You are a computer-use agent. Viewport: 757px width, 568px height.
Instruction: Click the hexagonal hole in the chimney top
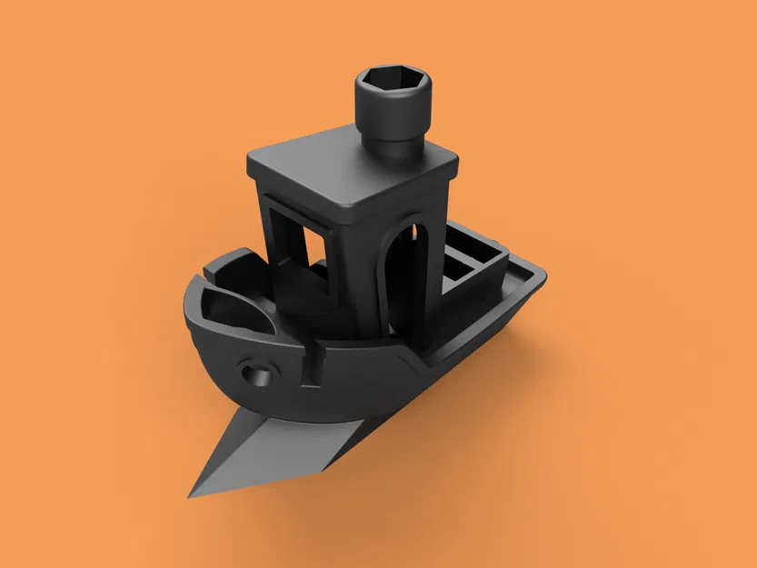point(393,87)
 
